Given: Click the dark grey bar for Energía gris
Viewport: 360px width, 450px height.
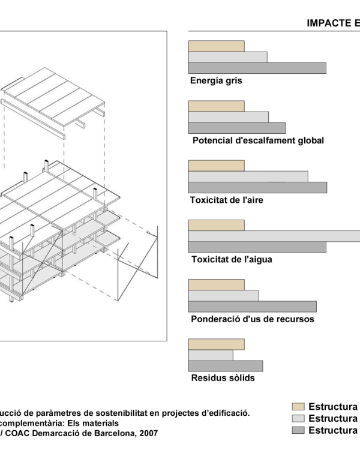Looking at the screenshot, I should point(257,68).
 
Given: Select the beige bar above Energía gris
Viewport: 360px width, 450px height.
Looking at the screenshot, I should point(216,46).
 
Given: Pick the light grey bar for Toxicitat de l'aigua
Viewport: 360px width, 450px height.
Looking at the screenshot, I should point(274,236).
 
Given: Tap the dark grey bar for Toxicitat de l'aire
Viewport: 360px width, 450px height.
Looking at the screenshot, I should point(257,188).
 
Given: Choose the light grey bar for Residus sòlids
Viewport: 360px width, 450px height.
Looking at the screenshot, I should point(211,355).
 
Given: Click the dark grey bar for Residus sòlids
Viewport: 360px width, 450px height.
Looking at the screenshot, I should point(226,366).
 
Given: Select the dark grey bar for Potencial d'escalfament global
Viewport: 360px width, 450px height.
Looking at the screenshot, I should point(237,128).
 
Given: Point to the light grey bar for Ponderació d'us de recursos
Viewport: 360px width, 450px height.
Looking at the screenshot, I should point(223,296).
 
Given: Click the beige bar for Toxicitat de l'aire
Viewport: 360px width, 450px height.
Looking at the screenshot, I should point(216,166).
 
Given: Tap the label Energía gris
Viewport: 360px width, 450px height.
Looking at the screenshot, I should point(216,81).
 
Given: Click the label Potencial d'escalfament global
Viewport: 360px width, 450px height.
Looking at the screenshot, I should point(258,140).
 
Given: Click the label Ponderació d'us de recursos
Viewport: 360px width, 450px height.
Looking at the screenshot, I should point(253,319).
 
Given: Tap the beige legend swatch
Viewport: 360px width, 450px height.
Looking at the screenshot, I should point(298,407).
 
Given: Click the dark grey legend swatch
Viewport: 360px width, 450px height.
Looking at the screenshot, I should point(298,430).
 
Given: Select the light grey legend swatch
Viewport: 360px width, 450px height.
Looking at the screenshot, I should point(298,418).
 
